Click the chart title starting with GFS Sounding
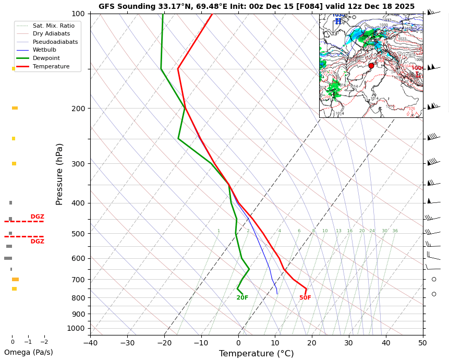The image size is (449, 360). (257, 7)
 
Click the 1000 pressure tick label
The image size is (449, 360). (76, 328)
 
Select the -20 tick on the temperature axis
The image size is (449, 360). (164, 343)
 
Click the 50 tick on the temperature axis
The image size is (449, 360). (422, 343)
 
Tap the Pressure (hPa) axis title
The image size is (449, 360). (60, 174)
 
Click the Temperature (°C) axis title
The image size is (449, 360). (256, 354)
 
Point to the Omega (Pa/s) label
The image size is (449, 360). (29, 352)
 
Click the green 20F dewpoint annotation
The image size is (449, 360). (242, 298)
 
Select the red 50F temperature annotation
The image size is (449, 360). (305, 298)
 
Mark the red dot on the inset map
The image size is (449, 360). (371, 66)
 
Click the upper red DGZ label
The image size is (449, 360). (37, 217)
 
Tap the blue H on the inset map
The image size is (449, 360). (338, 21)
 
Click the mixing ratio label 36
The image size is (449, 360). (395, 231)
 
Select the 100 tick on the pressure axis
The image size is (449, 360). (78, 14)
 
